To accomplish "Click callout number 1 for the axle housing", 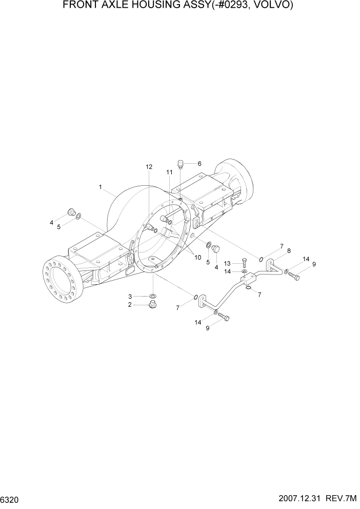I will coord(101,187).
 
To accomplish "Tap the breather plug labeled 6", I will coord(180,164).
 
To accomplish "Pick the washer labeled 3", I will coord(153,296).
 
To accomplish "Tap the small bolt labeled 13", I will coord(244,264).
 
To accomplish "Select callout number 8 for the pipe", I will coord(289,251).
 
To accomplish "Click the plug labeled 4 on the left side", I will coord(71,212).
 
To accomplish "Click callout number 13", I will coord(227,263).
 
